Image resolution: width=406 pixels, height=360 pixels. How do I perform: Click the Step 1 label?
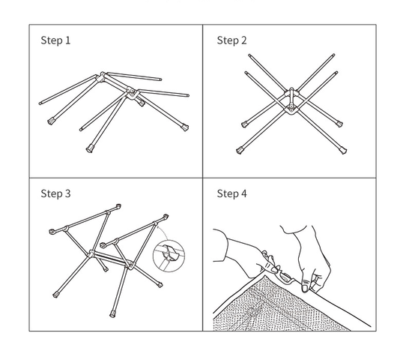55,40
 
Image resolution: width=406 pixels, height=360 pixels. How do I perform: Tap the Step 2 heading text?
231,40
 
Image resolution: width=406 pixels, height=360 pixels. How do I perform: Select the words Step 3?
55,193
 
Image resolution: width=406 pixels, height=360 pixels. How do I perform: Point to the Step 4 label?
231,193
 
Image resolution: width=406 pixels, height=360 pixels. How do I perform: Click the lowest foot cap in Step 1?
90,148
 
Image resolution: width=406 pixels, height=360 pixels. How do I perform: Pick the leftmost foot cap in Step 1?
52,121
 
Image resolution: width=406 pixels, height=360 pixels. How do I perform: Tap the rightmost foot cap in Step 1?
185,127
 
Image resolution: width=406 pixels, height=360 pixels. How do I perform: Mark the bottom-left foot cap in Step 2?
240,150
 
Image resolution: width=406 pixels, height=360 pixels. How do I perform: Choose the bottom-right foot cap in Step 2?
343,150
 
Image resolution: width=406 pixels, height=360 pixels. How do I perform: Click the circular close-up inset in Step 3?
169,256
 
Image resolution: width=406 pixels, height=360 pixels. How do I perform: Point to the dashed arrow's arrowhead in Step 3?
158,228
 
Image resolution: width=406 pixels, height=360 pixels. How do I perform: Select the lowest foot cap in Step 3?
112,314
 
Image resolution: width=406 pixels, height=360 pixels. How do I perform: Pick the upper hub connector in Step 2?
291,92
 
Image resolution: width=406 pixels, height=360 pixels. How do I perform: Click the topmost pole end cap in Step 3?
118,206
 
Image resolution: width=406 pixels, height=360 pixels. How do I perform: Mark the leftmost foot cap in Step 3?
52,232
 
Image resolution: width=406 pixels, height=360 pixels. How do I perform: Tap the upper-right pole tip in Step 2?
333,55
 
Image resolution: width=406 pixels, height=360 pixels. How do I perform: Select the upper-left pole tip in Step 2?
249,55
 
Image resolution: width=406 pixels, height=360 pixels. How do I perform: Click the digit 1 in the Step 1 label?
68,40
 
